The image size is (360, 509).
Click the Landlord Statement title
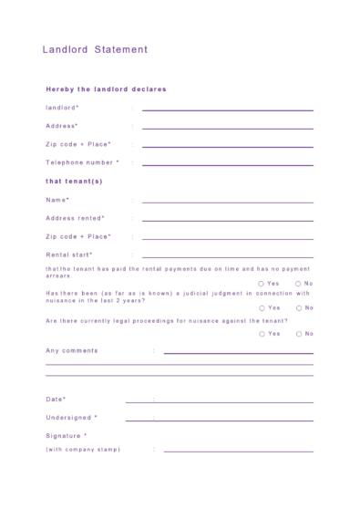pos(94,50)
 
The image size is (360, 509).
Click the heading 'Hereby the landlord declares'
pos(106,89)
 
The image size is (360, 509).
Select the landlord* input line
pos(227,109)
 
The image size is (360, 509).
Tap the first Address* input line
pos(227,127)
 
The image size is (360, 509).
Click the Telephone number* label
pos(82,162)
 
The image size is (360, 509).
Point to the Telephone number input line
pos(227,164)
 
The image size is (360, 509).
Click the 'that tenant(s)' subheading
pos(74,181)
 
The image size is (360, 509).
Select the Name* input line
pos(227,201)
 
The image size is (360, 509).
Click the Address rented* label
pos(75,218)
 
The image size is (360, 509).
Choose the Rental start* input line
pos(227,256)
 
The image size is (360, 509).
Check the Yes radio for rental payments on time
pos(262,284)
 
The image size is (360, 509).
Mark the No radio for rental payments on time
pos(298,284)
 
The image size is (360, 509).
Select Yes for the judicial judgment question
pos(262,307)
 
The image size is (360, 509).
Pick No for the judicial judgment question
pos(298,307)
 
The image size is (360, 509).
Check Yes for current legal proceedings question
pos(262,334)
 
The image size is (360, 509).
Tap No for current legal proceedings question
pos(298,334)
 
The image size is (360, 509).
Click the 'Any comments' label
pos(71,350)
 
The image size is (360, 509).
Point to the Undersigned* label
pos(71,418)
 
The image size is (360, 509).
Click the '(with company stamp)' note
pos(83,450)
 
